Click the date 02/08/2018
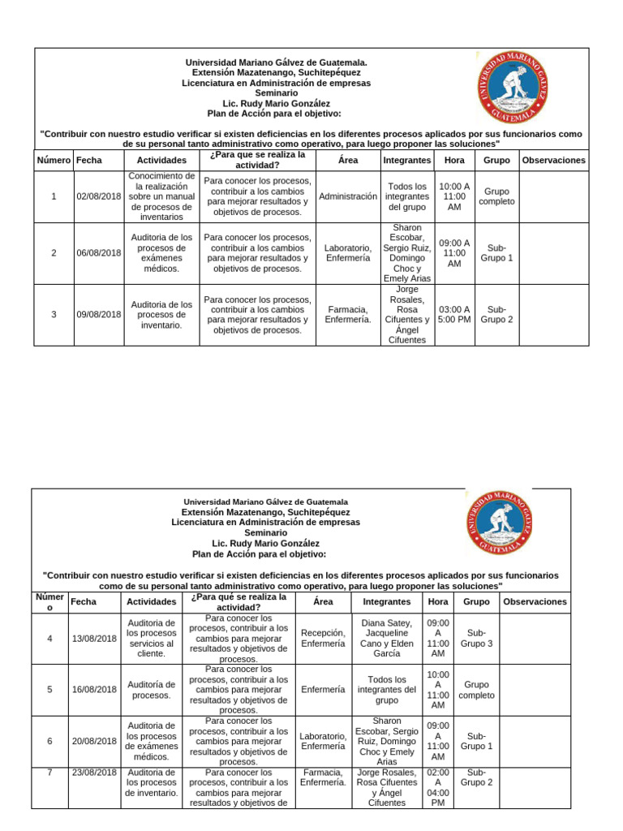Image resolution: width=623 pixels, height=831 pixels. coord(98,196)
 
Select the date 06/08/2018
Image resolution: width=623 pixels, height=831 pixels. coord(98,252)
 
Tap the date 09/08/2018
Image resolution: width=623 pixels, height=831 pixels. coord(98,314)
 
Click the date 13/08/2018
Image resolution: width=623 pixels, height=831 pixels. coord(93,639)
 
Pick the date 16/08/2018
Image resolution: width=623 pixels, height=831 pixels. coord(93,690)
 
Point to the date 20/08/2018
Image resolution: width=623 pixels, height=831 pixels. coord(93,741)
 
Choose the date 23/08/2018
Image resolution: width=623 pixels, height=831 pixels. coord(93,773)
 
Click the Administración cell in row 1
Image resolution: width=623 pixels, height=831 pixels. coord(348,196)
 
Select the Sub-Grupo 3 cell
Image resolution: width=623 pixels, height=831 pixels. coord(476,639)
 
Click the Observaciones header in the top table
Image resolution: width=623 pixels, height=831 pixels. coord(553,161)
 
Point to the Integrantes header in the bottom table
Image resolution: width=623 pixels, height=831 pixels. coord(386,602)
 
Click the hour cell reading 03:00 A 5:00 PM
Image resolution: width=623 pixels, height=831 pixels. coord(454,314)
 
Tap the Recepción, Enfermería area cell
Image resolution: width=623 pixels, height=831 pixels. coord(323,639)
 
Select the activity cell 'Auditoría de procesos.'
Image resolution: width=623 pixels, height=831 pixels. coord(151,690)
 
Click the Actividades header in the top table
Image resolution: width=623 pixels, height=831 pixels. coord(161,161)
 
